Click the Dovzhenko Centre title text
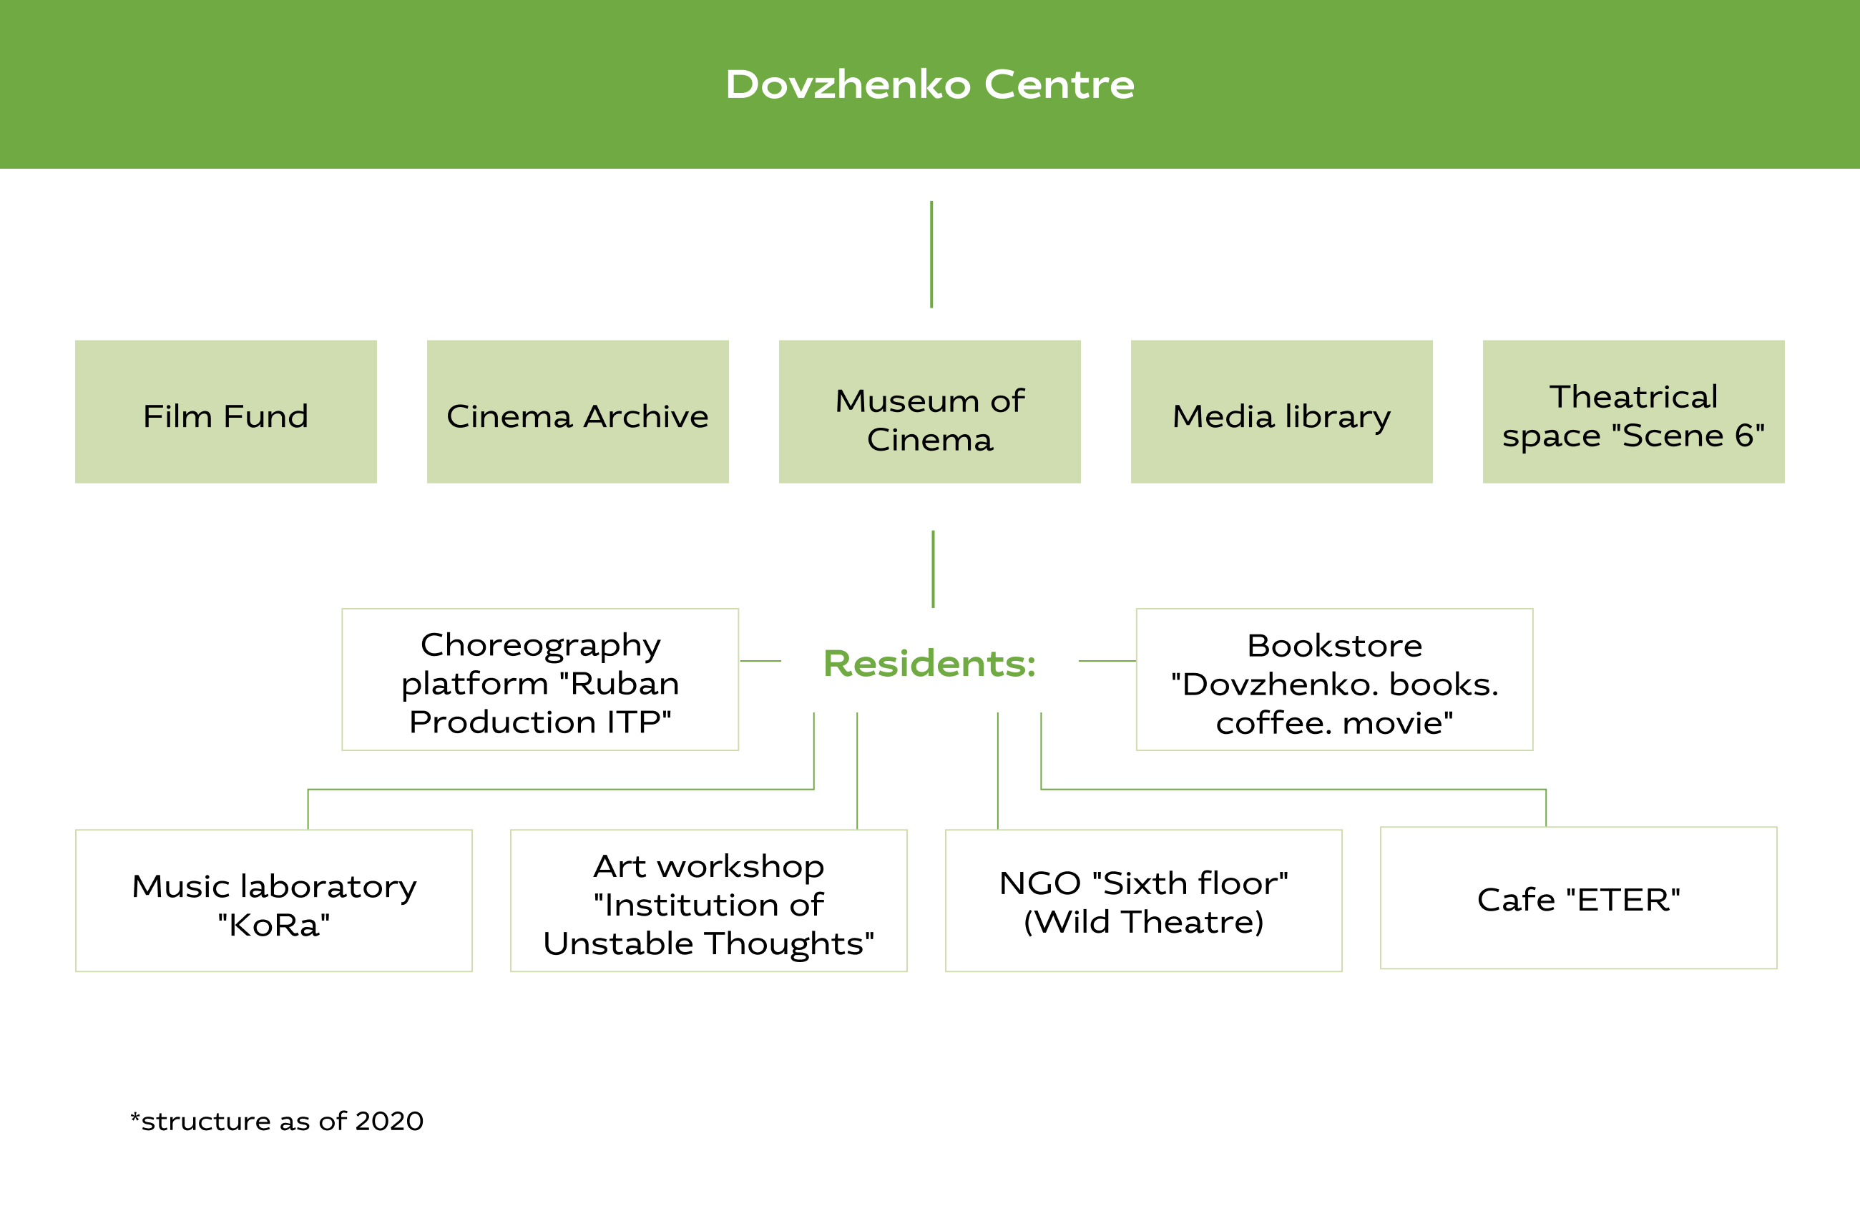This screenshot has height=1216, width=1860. tap(930, 84)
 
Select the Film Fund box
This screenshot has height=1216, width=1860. tap(226, 411)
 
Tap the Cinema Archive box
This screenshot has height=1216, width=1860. tap(577, 411)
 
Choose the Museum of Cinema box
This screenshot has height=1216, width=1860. tap(930, 411)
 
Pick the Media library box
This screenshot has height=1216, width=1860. tap(1282, 411)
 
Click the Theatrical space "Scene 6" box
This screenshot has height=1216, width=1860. tap(1633, 411)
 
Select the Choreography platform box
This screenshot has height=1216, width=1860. tap(540, 679)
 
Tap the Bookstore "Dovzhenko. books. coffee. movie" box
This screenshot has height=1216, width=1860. tap(1335, 679)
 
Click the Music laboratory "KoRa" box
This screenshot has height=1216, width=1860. tap(273, 901)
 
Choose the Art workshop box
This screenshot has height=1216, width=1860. tap(709, 901)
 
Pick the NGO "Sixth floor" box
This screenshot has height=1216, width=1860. tap(1143, 901)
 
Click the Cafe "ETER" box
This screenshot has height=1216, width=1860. tap(1579, 898)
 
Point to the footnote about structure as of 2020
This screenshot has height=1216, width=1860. tap(277, 1121)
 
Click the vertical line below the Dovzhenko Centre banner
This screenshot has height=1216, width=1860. tap(931, 255)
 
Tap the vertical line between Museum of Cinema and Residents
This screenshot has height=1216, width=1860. tap(933, 569)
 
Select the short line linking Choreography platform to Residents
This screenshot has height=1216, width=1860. tap(760, 661)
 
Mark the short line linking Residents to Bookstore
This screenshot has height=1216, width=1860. tap(1107, 661)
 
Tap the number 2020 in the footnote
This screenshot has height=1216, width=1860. tap(389, 1121)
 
